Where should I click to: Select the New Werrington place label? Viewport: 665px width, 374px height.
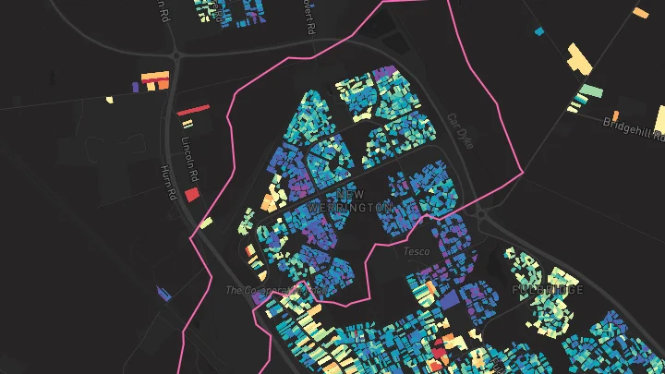pyautogui.click(x=349, y=201)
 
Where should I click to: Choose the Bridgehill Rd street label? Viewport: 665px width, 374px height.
pyautogui.click(x=634, y=128)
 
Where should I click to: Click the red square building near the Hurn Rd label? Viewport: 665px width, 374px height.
pyautogui.click(x=192, y=194)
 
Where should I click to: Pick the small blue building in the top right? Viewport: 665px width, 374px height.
pyautogui.click(x=540, y=31)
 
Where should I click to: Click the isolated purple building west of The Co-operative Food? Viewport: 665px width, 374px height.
pyautogui.click(x=164, y=294)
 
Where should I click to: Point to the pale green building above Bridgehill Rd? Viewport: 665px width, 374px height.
pyautogui.click(x=589, y=92)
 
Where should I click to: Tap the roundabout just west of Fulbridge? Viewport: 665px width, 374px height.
pyautogui.click(x=482, y=215)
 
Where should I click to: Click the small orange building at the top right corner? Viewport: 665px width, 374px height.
pyautogui.click(x=640, y=12)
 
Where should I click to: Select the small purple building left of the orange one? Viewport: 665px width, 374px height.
pyautogui.click(x=136, y=87)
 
